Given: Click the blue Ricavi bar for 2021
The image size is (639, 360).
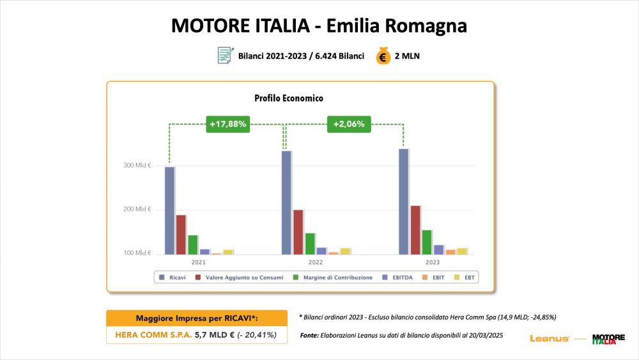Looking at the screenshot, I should pyautogui.click(x=169, y=210).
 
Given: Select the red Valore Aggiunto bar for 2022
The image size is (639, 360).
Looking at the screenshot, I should pyautogui.click(x=298, y=231).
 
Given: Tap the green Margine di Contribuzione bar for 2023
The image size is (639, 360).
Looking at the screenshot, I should pyautogui.click(x=427, y=242).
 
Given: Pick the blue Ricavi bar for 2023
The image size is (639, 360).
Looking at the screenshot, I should pyautogui.click(x=403, y=201).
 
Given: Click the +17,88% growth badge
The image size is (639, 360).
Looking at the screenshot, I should pyautogui.click(x=227, y=124).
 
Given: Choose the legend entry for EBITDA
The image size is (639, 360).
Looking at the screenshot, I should pyautogui.click(x=397, y=278).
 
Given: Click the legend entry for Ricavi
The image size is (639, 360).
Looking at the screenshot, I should pyautogui.click(x=174, y=278).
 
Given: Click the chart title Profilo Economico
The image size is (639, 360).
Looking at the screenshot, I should pyautogui.click(x=289, y=98).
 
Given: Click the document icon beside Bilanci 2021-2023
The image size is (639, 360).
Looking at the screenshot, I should pyautogui.click(x=224, y=56).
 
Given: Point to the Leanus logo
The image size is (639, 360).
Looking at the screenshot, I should pyautogui.click(x=550, y=338).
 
